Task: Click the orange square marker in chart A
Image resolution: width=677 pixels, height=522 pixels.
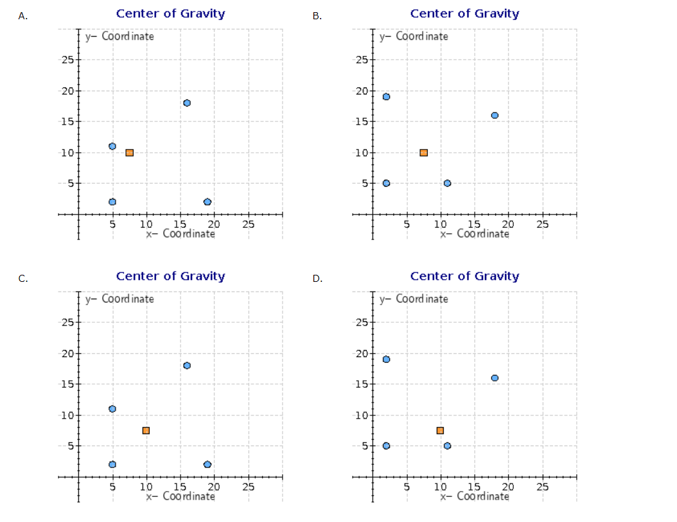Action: tap(129, 152)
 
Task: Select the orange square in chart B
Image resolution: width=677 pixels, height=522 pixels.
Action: tap(423, 152)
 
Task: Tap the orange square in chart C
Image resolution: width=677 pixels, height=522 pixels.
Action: tap(146, 430)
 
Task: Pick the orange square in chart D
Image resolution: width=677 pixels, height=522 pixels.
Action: tap(440, 430)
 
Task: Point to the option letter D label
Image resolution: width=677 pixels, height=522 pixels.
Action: tap(317, 279)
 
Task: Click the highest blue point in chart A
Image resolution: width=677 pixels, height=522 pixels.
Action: tap(187, 103)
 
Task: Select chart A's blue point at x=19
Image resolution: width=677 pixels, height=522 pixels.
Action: tap(207, 202)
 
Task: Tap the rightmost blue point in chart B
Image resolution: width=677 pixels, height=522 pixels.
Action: tap(495, 116)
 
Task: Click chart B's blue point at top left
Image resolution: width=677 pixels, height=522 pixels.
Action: tap(386, 97)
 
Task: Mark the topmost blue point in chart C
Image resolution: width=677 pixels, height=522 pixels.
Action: tap(187, 365)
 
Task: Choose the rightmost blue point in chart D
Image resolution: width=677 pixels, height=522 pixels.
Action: tap(495, 378)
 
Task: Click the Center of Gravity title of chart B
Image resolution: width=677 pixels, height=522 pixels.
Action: tap(464, 13)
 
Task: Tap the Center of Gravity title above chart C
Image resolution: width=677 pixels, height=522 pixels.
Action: tap(170, 276)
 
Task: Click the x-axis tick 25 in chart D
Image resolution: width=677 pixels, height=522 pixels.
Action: tap(542, 487)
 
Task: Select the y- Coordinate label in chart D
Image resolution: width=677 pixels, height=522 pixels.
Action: tap(414, 299)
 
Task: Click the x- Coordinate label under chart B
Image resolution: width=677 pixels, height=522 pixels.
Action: tap(475, 234)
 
